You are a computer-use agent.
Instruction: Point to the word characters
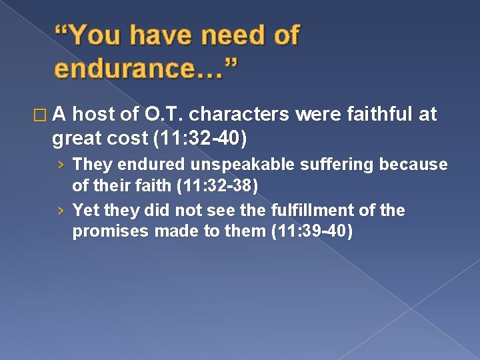(x=242, y=115)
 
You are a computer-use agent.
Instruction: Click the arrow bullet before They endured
(x=61, y=164)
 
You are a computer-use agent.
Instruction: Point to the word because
(x=417, y=163)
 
